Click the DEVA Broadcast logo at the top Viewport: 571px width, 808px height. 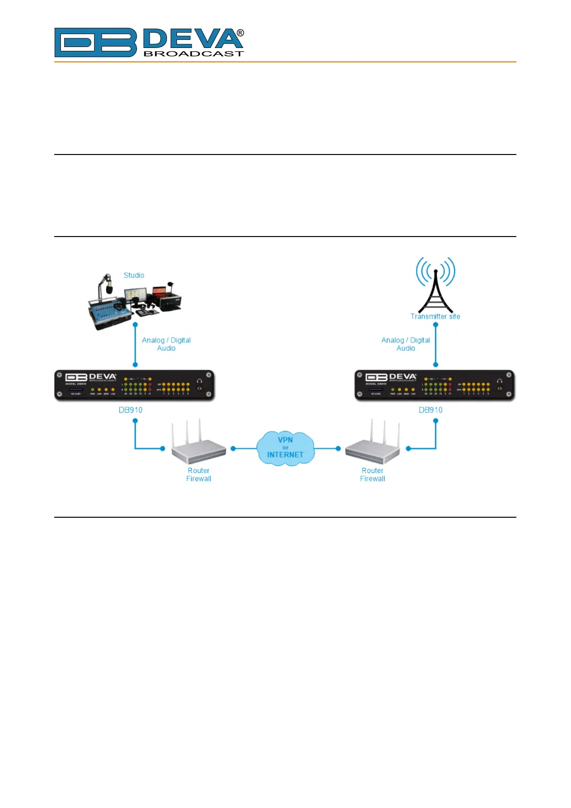(149, 43)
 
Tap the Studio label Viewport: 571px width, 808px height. (134, 275)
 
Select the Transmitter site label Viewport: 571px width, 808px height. (435, 317)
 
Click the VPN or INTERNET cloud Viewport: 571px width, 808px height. (285, 448)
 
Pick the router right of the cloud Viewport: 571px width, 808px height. (373, 444)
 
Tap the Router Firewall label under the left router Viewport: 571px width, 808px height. (198, 475)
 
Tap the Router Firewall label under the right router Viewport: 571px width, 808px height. (373, 475)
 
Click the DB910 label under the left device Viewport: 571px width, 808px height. (130, 410)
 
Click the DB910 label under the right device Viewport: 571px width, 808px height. (431, 410)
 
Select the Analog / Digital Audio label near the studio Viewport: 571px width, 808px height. (166, 344)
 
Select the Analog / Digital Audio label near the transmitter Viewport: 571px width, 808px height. (406, 344)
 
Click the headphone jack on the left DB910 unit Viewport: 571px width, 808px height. (199, 388)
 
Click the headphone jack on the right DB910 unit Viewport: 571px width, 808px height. (500, 388)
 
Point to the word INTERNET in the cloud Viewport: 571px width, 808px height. (285, 455)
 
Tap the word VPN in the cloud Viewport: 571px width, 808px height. (285, 440)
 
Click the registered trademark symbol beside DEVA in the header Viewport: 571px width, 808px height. (240, 33)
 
